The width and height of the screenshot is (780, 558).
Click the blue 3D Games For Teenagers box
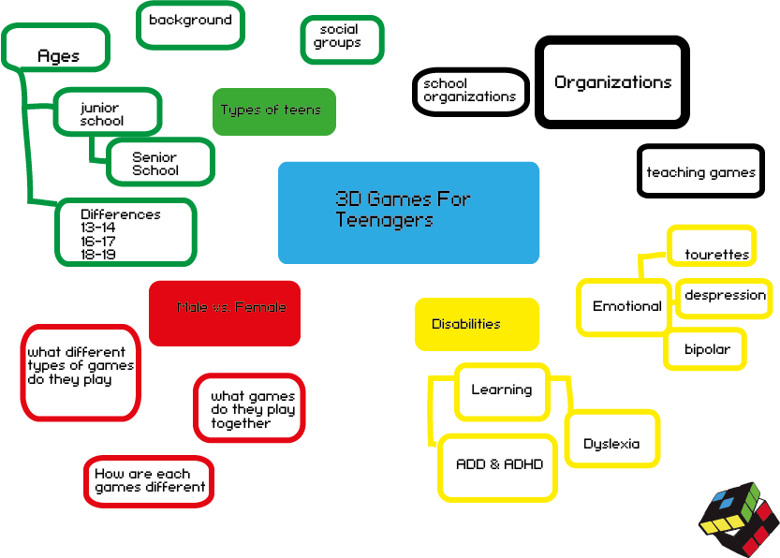click(408, 213)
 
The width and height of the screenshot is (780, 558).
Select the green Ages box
click(56, 48)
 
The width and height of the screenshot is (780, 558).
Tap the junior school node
click(107, 112)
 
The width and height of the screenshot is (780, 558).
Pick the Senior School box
click(160, 162)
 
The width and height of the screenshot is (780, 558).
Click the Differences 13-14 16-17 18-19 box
click(125, 232)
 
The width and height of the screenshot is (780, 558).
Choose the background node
click(191, 25)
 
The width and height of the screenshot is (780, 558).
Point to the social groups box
click(342, 39)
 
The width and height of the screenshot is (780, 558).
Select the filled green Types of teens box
click(273, 111)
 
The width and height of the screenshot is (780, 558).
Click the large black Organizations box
click(612, 82)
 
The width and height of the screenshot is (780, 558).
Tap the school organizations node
click(470, 92)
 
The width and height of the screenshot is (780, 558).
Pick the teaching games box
click(700, 171)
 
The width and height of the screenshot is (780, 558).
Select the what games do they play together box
click(250, 408)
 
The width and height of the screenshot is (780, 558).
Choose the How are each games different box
click(148, 481)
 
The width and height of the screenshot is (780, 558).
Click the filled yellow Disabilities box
click(477, 324)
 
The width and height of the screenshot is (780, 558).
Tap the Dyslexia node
click(612, 440)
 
